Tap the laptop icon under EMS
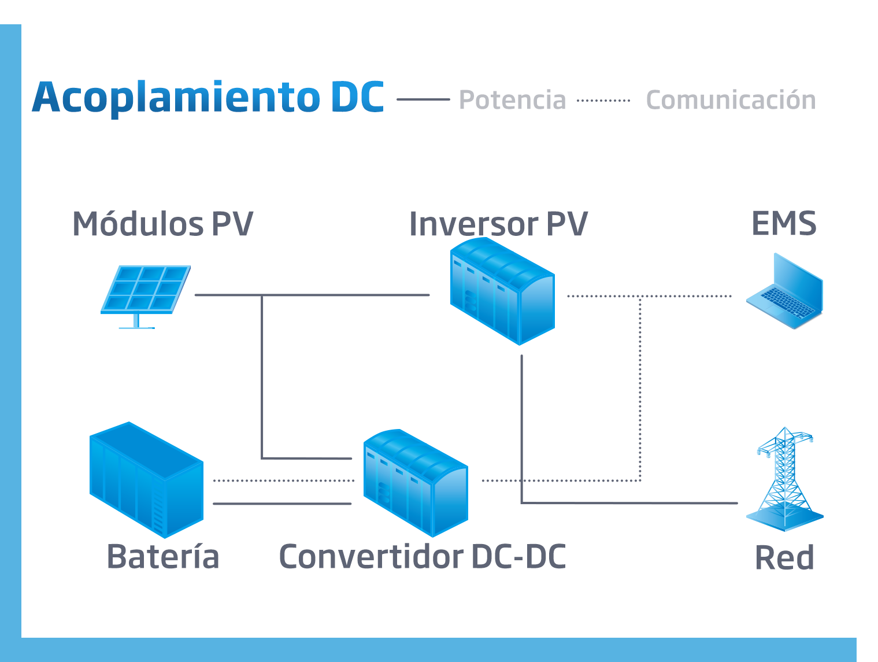[x=785, y=293]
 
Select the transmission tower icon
[x=784, y=480]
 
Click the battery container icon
[x=146, y=480]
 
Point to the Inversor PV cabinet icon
[x=502, y=292]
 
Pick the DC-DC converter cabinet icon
[x=415, y=483]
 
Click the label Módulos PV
[x=162, y=224]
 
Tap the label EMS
[x=784, y=224]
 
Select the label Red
[x=784, y=558]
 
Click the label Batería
[x=163, y=557]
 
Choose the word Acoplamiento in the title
[x=176, y=97]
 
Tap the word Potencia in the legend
[x=512, y=100]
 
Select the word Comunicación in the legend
[x=731, y=100]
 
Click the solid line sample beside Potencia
[x=423, y=99]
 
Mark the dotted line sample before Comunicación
[x=603, y=100]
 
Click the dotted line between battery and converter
[x=283, y=480]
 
